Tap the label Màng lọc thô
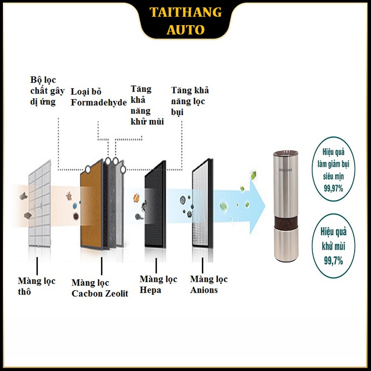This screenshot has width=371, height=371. click(x=36, y=286)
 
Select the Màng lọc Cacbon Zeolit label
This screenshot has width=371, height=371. click(x=100, y=288)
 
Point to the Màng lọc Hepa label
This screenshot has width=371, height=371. click(x=158, y=285)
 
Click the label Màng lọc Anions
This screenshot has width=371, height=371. click(x=209, y=285)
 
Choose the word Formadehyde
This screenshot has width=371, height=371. click(x=99, y=103)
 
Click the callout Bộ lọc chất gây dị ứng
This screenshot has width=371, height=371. click(x=47, y=91)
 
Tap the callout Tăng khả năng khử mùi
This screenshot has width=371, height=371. click(x=147, y=105)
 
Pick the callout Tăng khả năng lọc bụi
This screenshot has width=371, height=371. click(x=190, y=101)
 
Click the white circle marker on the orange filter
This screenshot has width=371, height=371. click(x=88, y=169)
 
